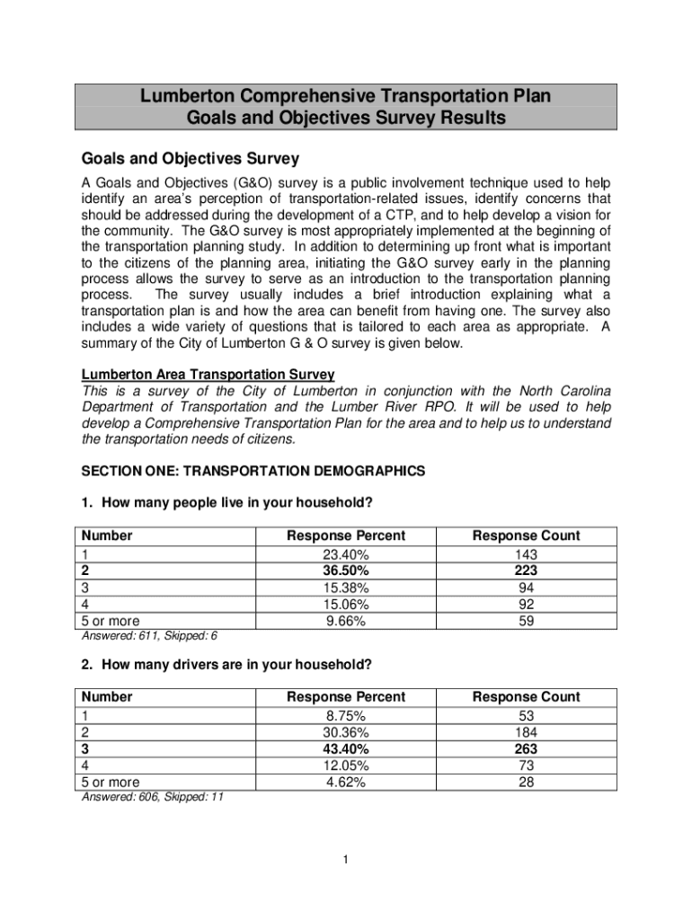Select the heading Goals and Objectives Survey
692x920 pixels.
pyautogui.click(x=190, y=159)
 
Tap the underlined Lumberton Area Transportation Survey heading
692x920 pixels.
pyautogui.click(x=208, y=374)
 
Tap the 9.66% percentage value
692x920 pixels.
pyautogui.click(x=346, y=620)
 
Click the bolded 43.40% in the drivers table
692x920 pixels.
pyautogui.click(x=346, y=749)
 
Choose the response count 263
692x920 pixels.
pyautogui.click(x=527, y=749)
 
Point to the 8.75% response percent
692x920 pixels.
pyautogui.click(x=346, y=716)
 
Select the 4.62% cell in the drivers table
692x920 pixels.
pyautogui.click(x=346, y=782)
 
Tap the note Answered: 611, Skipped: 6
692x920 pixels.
pyautogui.click(x=149, y=636)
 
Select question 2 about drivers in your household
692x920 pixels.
pyautogui.click(x=226, y=665)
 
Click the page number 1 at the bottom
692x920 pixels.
pyautogui.click(x=345, y=861)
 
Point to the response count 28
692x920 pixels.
pyautogui.click(x=527, y=782)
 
